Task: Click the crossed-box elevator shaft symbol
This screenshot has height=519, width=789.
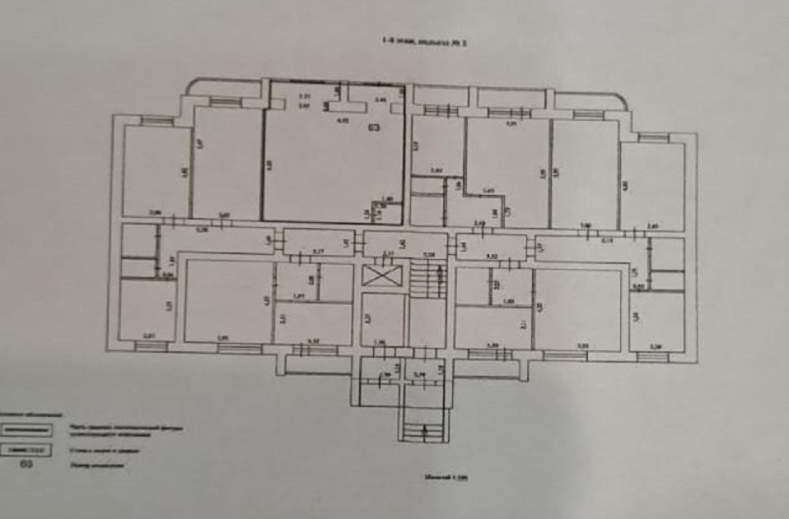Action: point(383,276)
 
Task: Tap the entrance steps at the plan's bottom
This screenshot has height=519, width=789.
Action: point(424,428)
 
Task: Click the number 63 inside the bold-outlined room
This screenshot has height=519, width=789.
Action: point(374,127)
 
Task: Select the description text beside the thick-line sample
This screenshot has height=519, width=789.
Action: point(124,429)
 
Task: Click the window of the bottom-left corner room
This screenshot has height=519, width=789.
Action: point(150,345)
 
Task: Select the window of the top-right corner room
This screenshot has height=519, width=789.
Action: point(652,137)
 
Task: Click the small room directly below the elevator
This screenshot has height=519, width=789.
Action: point(383,319)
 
